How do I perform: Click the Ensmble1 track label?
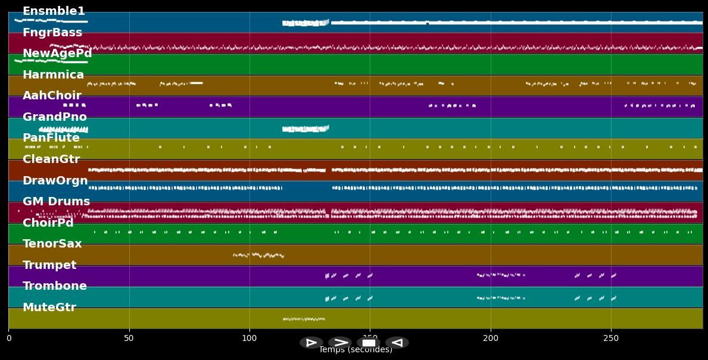tap(54, 11)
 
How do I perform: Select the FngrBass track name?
tap(52, 33)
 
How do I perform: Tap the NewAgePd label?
tap(57, 54)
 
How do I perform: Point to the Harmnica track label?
tap(53, 75)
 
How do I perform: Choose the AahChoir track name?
tap(52, 96)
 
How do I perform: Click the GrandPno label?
tap(55, 117)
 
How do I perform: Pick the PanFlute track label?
tap(51, 138)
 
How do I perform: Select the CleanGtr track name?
tap(51, 159)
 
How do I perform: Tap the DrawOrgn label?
tap(55, 181)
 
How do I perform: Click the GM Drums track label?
tap(56, 202)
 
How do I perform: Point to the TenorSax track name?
tap(52, 244)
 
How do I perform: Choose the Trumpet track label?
tap(49, 265)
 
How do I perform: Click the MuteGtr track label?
tap(49, 308)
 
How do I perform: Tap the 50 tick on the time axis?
tap(129, 338)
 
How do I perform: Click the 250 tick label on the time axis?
tap(611, 338)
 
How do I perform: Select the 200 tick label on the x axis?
tap(491, 338)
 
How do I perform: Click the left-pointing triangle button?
tap(397, 343)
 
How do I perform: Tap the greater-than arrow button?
tap(340, 343)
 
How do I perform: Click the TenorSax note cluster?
tap(258, 255)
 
